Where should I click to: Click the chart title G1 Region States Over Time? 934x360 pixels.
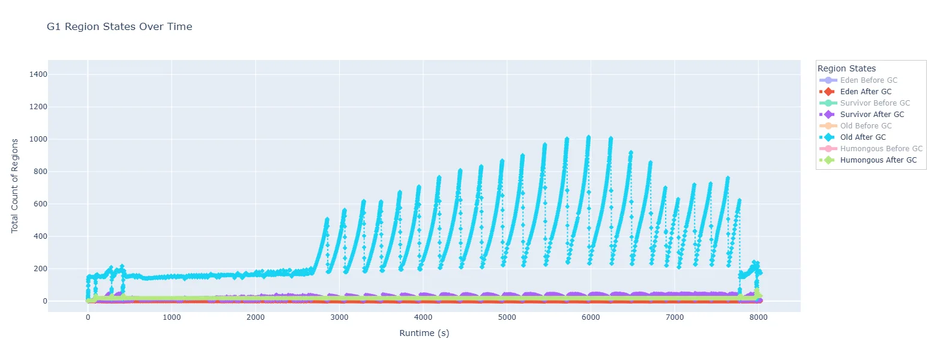click(119, 26)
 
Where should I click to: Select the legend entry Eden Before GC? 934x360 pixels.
click(869, 80)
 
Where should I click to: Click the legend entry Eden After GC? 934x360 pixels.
click(866, 92)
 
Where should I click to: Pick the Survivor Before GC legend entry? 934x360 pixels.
click(875, 103)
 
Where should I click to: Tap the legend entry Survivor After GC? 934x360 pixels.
click(872, 115)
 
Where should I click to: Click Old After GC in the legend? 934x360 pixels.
click(863, 137)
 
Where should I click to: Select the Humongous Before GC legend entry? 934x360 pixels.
click(881, 149)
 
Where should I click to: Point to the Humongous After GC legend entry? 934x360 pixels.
click(878, 160)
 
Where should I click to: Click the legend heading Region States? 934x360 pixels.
click(846, 68)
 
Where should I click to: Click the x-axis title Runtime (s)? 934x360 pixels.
click(424, 333)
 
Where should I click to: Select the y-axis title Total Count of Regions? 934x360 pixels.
click(15, 185)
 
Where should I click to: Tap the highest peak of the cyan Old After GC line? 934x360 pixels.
click(588, 137)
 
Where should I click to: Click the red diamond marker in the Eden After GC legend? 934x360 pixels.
click(828, 92)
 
